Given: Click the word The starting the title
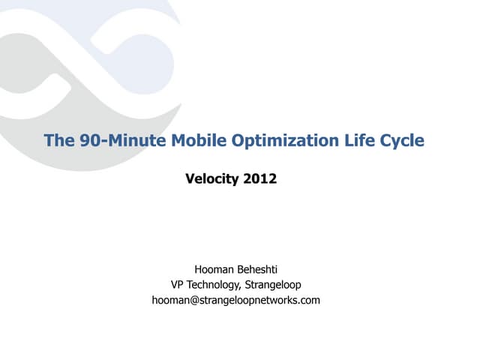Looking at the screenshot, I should point(58,140).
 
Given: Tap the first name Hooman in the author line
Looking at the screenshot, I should point(213,268).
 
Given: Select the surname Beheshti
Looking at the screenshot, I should point(258,268).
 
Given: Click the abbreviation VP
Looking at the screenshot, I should point(178,284).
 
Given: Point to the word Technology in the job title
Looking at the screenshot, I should point(214,284).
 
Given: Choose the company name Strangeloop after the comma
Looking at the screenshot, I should point(273,284).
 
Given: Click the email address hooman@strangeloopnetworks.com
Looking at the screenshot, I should point(235,300).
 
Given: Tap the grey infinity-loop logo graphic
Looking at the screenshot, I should point(82,52).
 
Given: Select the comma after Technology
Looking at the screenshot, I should point(241,287).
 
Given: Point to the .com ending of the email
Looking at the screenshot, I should point(309,300).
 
